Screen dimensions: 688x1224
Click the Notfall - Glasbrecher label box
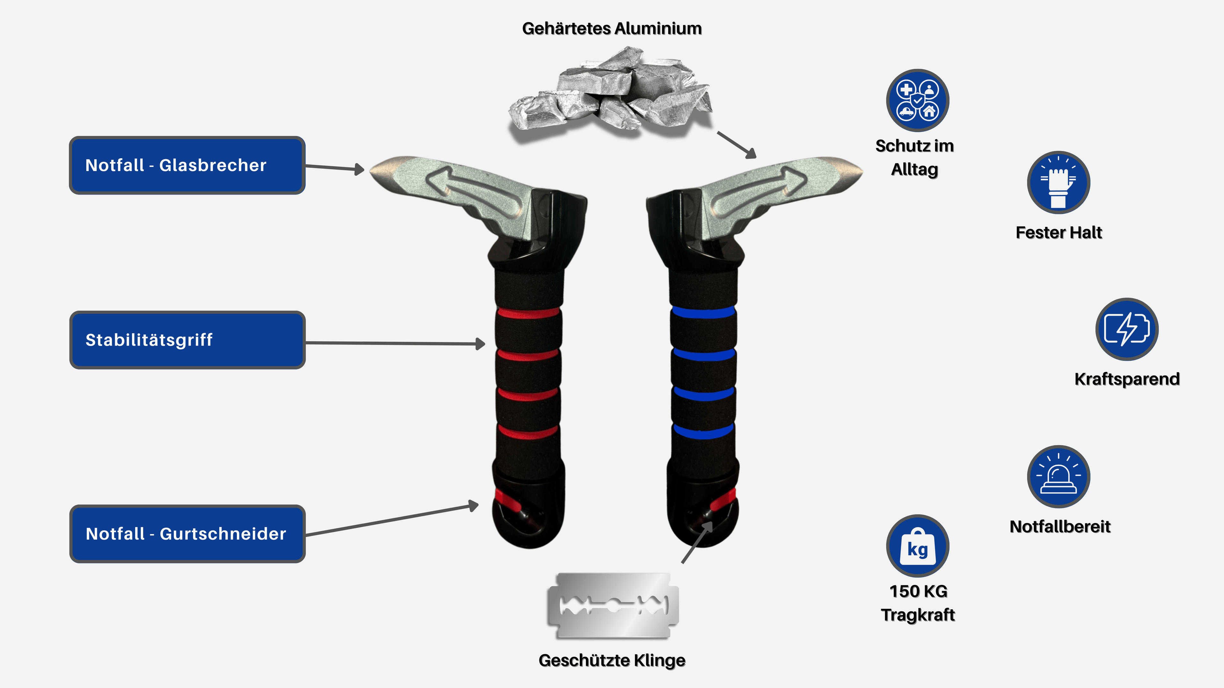click(x=187, y=165)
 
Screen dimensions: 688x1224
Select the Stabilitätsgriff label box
click(x=187, y=340)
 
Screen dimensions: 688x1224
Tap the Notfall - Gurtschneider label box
click(x=187, y=534)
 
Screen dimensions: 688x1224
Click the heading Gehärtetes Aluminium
click(x=612, y=28)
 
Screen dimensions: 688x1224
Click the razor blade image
click(x=613, y=606)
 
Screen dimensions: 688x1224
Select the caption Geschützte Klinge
click(x=612, y=661)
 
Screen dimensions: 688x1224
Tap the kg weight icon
click(x=918, y=546)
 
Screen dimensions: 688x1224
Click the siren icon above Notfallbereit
click(x=1058, y=476)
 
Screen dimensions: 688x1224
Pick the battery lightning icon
click(x=1126, y=329)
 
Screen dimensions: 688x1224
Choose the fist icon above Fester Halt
click(x=1058, y=183)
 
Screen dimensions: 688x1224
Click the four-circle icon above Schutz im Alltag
click(x=918, y=100)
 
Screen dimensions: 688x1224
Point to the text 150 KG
click(x=918, y=591)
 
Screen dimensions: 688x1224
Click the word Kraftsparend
click(x=1126, y=379)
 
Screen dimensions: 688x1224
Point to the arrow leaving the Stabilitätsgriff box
click(x=394, y=343)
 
